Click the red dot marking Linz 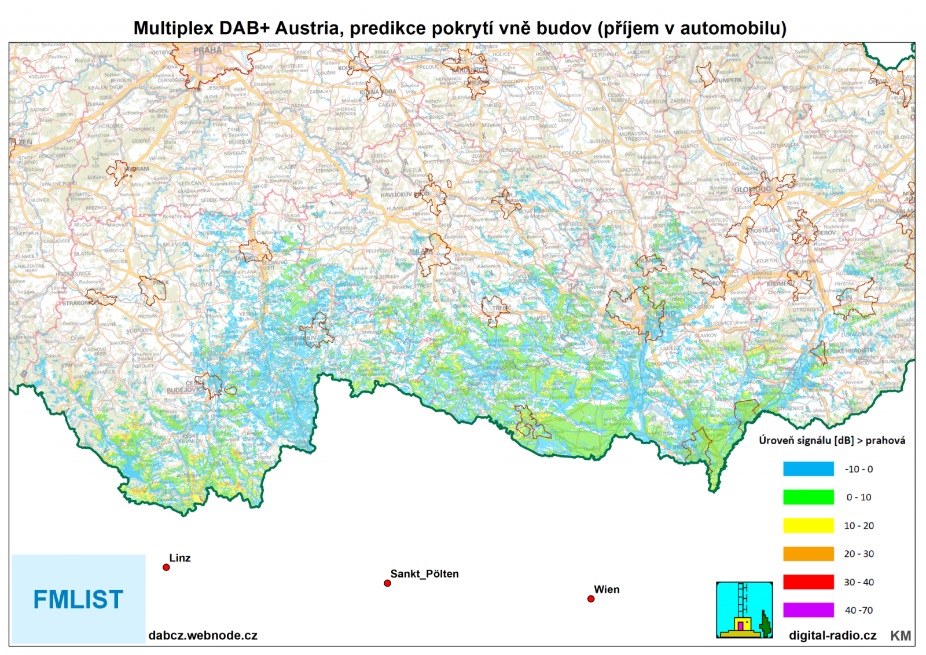click(166, 568)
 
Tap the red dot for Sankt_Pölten click(387, 583)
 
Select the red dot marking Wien click(591, 599)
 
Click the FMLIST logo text click(78, 600)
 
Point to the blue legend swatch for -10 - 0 click(809, 469)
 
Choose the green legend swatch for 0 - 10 click(809, 497)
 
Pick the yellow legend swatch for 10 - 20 click(809, 525)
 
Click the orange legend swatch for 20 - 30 click(809, 554)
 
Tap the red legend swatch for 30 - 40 click(809, 581)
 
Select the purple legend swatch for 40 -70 click(809, 610)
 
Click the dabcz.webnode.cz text click(203, 635)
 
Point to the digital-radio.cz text click(832, 635)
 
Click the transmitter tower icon click(744, 610)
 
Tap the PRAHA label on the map click(207, 50)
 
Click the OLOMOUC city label click(751, 189)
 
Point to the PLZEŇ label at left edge click(21, 142)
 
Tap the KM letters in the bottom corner click(901, 636)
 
